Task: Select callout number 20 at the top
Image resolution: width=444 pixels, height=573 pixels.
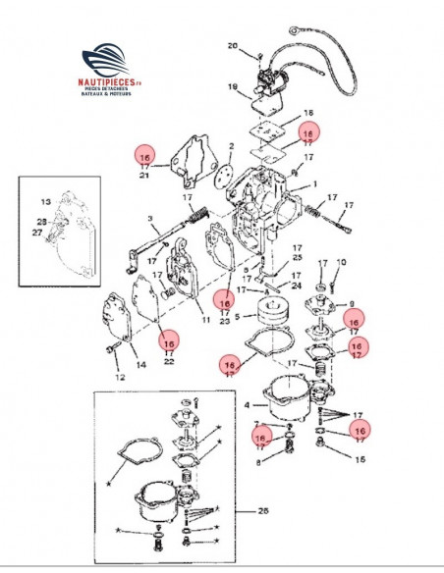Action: (x=232, y=46)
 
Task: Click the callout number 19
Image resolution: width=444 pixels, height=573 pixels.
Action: (x=233, y=87)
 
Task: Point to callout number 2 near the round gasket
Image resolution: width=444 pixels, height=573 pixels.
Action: (x=231, y=146)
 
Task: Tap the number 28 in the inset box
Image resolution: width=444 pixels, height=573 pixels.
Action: (x=41, y=222)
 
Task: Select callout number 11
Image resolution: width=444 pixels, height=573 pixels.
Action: (x=206, y=319)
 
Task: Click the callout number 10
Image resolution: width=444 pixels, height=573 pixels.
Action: (x=341, y=262)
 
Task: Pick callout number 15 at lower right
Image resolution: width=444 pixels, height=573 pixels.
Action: (x=360, y=458)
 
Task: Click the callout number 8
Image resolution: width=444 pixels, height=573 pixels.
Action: (x=259, y=462)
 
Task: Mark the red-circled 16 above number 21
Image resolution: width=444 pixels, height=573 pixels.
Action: (x=145, y=157)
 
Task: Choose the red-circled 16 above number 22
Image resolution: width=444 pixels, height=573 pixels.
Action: (x=169, y=343)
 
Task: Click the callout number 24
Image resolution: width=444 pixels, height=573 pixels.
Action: (x=297, y=286)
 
